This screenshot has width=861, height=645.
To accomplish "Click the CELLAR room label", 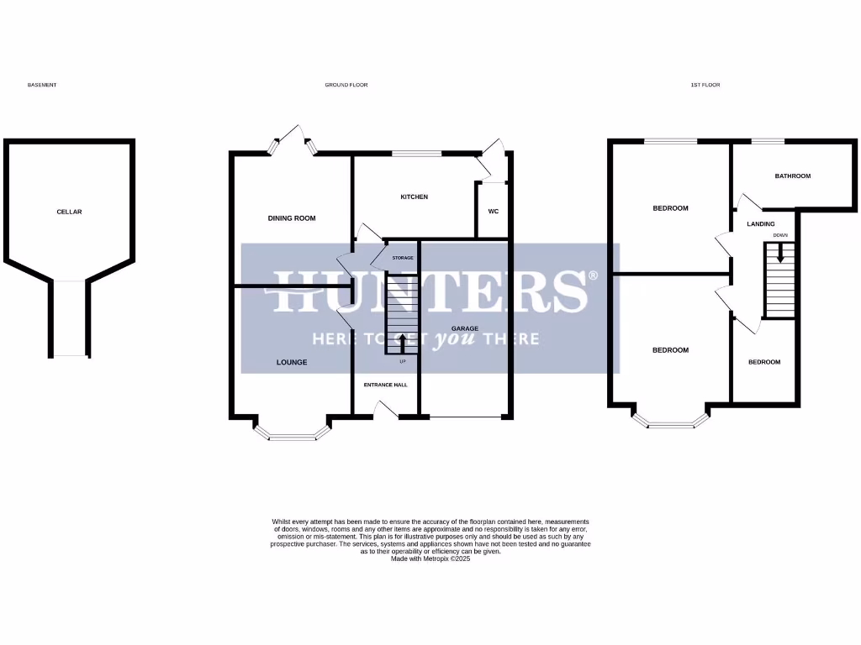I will (69, 212).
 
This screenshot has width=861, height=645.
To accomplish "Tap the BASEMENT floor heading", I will (42, 85).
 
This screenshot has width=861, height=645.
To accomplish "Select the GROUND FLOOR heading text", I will (346, 85).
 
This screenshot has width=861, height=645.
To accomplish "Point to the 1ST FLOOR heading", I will (705, 85).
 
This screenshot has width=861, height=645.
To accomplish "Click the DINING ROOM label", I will (292, 218).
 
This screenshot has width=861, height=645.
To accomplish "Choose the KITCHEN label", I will (414, 197).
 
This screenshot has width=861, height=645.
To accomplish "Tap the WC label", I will (493, 211).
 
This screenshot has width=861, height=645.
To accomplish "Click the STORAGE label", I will (403, 258).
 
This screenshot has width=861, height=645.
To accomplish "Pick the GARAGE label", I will (465, 328).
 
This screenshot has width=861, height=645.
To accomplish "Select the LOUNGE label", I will (292, 363).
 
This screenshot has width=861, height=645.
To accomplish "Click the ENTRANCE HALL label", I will (385, 385).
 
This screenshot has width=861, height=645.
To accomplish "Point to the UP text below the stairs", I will (402, 362).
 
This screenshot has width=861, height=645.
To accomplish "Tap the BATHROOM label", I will (792, 176).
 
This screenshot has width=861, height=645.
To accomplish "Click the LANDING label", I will (760, 224).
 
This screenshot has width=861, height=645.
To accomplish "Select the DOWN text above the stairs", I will (780, 235).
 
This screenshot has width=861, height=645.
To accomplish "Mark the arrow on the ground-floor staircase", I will (402, 343).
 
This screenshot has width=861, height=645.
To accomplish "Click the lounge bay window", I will (290, 435).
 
